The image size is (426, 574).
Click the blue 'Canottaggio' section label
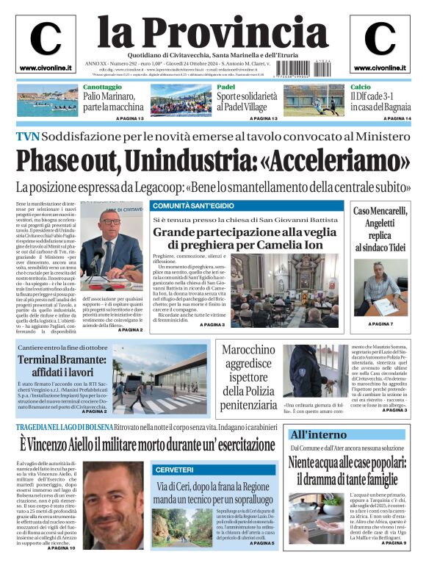coord(102,87)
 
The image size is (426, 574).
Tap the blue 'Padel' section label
coord(225,87)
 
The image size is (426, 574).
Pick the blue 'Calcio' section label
coord(361,87)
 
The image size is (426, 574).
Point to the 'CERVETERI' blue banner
coord(173,469)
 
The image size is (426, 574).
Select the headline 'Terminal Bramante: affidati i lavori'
coord(62,366)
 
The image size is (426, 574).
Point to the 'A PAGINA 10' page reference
coord(61,548)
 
